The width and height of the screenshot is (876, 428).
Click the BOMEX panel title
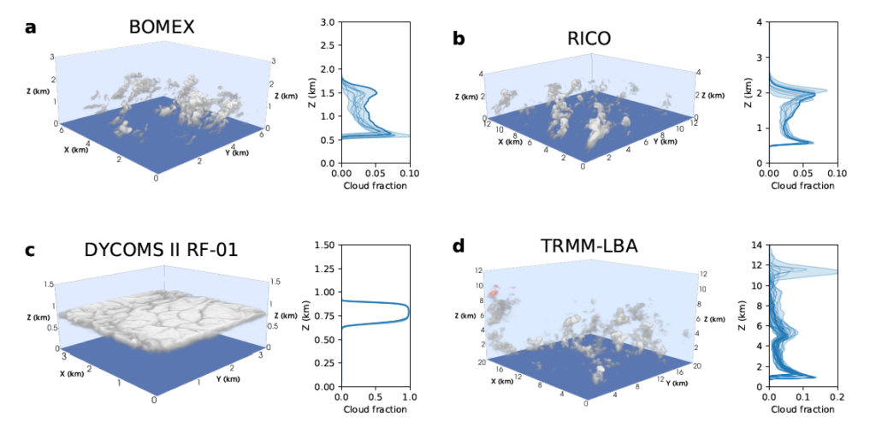tap(162, 27)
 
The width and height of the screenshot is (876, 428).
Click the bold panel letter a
tap(31, 27)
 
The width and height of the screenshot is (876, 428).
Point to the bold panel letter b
tap(459, 38)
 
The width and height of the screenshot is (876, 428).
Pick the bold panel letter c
tap(30, 250)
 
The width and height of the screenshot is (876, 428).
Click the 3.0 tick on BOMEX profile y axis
tap(327, 22)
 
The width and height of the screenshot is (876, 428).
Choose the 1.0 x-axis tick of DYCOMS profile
tap(409, 398)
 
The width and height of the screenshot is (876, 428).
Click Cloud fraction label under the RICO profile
tap(802, 185)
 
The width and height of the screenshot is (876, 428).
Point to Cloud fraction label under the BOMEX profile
tap(375, 185)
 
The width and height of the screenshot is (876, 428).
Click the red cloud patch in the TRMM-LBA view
tap(494, 293)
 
